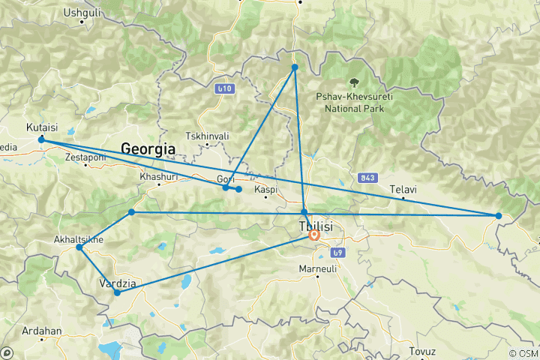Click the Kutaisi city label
(x=41, y=127)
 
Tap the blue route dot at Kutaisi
(x=41, y=140)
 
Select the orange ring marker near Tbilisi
(x=314, y=235)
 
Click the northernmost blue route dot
(x=295, y=67)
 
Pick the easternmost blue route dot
(x=499, y=216)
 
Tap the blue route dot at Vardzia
(x=117, y=293)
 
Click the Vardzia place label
(x=118, y=283)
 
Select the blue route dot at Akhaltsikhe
(x=79, y=247)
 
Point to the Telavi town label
(x=403, y=190)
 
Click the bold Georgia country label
(x=148, y=149)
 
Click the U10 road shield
(x=223, y=89)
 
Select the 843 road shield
(x=367, y=177)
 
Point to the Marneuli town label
(x=319, y=268)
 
